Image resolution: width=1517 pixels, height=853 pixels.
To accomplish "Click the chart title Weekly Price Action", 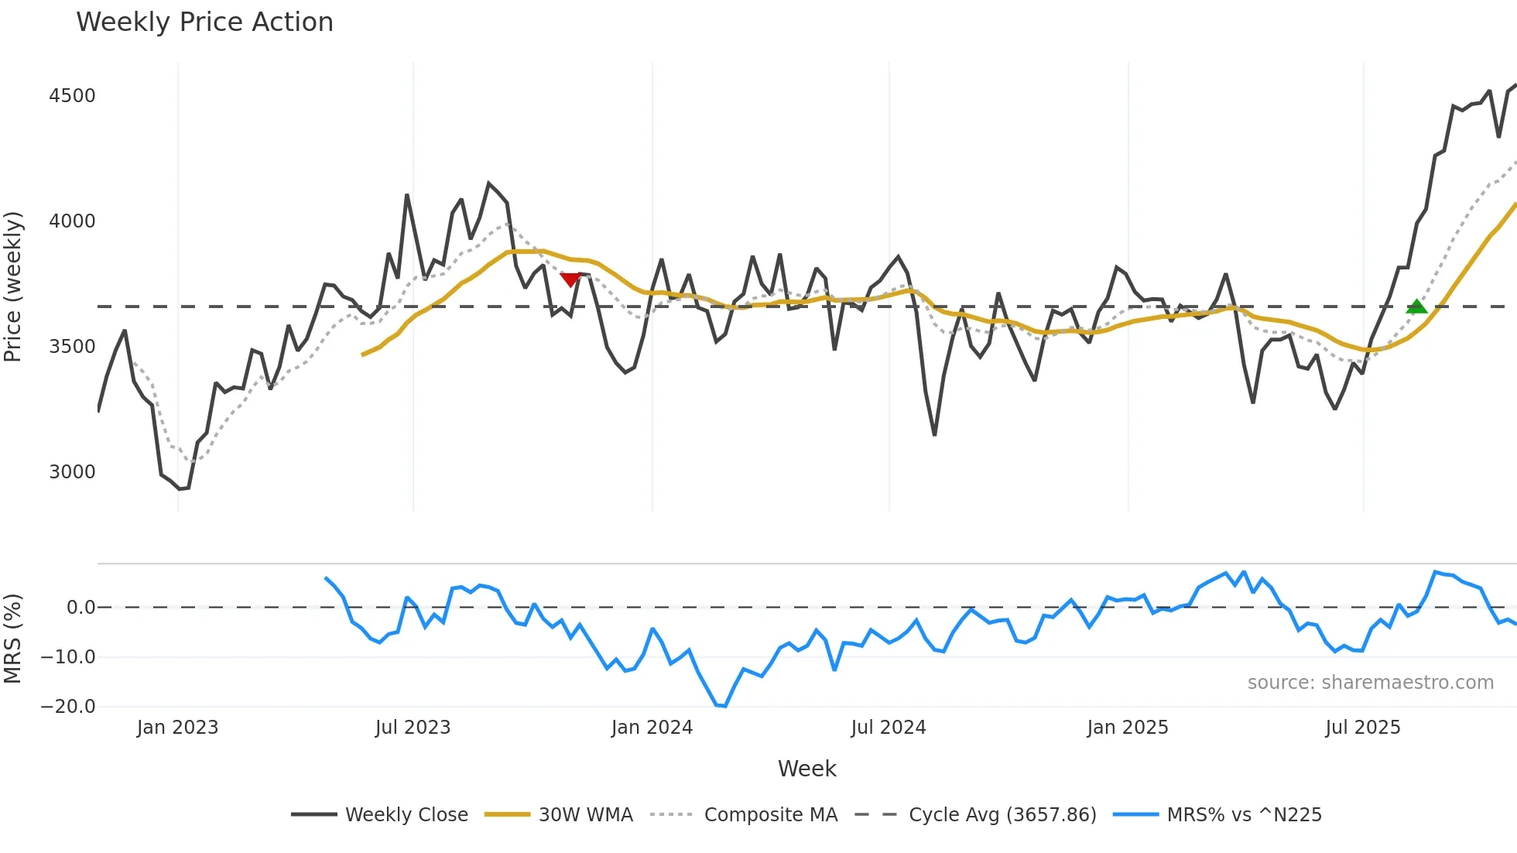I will pos(204,22).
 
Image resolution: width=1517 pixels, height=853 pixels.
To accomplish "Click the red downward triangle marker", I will pos(570,279).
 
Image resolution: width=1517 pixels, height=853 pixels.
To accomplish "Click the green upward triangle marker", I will pos(1416,307).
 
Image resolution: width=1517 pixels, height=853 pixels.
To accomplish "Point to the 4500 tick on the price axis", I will pos(72,96).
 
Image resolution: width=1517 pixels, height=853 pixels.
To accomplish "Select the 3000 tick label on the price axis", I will pos(72,472).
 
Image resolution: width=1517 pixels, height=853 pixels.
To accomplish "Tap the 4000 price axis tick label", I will pos(72,221).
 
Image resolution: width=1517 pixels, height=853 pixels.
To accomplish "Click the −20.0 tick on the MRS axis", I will pos(68,707).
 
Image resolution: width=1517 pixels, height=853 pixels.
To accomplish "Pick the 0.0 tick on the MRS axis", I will pos(80,608).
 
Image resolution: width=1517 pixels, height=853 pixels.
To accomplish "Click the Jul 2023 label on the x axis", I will pos(413,728).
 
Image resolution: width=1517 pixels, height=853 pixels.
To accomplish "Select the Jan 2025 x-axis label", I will pos(1127,728).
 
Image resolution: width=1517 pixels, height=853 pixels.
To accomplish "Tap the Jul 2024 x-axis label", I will pos(888,728).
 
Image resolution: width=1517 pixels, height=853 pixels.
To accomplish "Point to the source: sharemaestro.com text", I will pos(1370,683).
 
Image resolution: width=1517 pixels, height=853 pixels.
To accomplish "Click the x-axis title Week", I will pos(806,769).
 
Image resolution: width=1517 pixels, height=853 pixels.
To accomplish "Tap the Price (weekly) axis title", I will pos(13,286).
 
